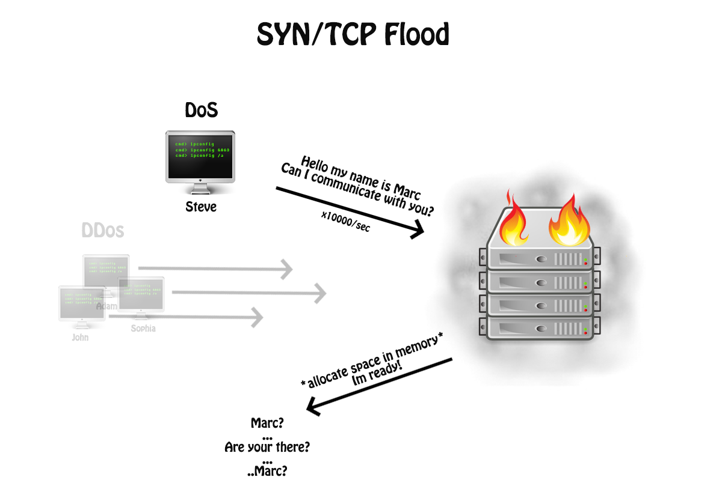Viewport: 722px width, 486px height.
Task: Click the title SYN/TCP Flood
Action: click(353, 35)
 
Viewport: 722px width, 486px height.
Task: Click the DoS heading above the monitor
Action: click(200, 111)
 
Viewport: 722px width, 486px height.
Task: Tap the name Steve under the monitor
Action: click(200, 208)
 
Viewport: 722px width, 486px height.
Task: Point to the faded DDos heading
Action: click(103, 231)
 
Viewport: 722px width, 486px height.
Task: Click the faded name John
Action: click(80, 337)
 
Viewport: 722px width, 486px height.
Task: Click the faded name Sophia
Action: click(143, 328)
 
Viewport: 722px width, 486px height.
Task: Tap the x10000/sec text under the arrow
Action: click(345, 220)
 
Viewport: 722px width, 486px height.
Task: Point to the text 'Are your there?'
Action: click(267, 447)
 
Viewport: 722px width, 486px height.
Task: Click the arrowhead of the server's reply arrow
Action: click(313, 407)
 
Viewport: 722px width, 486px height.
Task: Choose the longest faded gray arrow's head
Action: click(319, 293)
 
